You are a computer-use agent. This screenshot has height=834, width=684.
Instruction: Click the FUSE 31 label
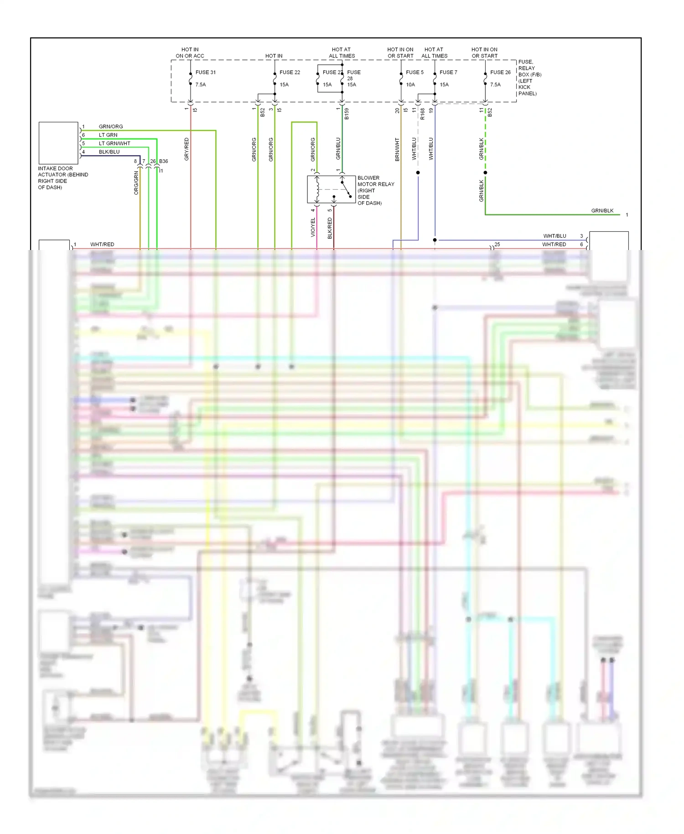(x=205, y=72)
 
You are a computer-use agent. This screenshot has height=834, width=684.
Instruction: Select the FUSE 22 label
(x=290, y=72)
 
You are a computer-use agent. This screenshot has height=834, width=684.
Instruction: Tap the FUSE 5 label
(x=415, y=72)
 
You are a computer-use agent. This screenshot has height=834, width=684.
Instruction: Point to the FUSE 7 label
(x=448, y=72)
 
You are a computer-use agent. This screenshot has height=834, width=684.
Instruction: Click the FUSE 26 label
(x=500, y=72)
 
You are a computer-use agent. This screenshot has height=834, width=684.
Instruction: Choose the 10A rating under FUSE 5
(x=410, y=84)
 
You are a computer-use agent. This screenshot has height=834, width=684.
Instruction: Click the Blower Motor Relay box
(x=332, y=189)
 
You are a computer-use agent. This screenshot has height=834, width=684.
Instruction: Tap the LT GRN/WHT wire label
(x=114, y=143)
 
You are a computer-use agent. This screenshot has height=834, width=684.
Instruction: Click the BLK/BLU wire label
(x=109, y=152)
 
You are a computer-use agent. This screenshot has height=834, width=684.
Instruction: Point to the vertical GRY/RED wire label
(x=187, y=149)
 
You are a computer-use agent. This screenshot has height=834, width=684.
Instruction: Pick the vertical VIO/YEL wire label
(x=313, y=227)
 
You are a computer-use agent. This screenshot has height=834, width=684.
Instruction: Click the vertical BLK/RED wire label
(x=330, y=228)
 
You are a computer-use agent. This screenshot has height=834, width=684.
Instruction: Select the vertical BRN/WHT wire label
(x=397, y=149)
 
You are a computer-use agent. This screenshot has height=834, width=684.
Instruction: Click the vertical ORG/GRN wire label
(x=136, y=183)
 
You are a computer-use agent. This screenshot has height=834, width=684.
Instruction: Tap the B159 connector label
(x=347, y=114)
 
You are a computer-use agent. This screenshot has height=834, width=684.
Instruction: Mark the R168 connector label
(x=422, y=114)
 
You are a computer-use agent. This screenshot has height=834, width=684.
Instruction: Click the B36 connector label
(x=163, y=161)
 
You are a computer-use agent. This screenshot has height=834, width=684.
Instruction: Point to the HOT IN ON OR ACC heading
(x=190, y=52)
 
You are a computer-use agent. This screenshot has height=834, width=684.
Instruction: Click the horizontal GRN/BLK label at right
(x=602, y=210)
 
